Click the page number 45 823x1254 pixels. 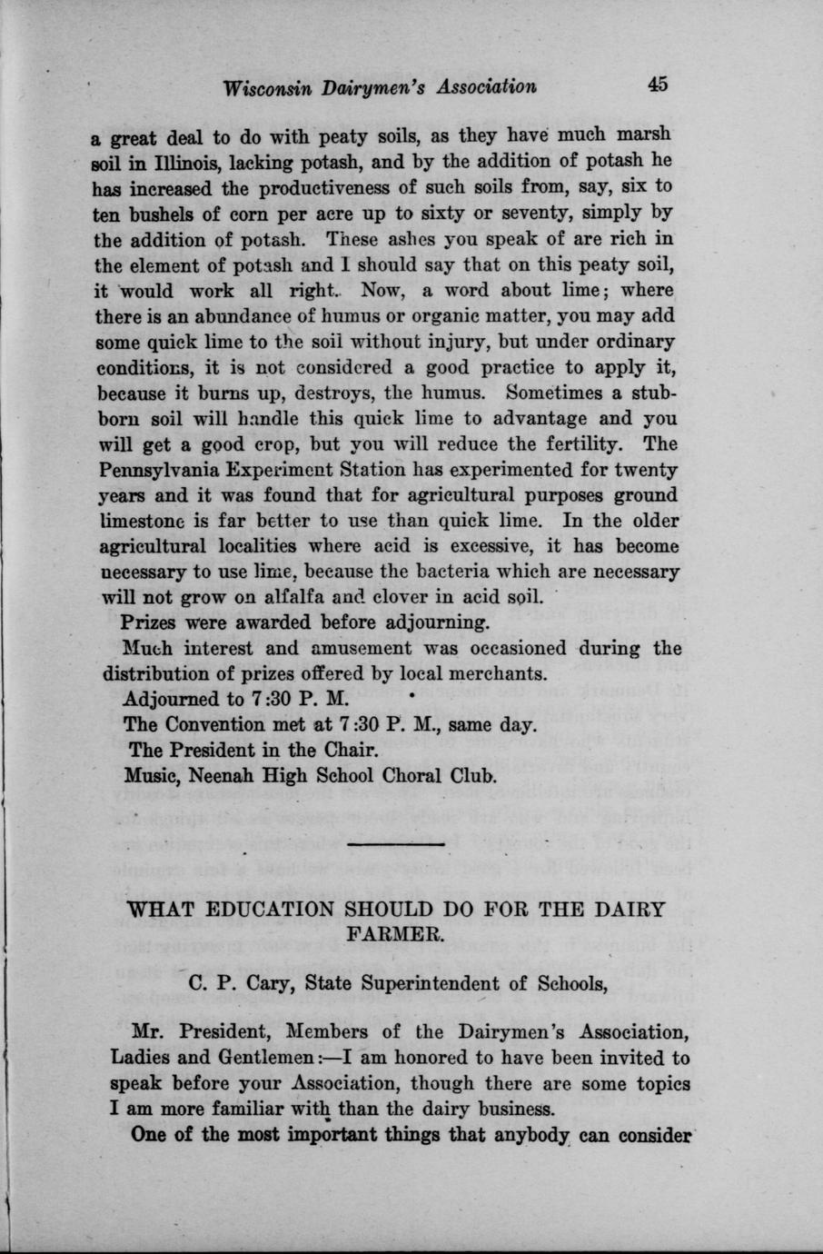tap(658, 84)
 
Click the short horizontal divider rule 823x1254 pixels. tap(396, 844)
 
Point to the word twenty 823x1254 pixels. tap(644, 471)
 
